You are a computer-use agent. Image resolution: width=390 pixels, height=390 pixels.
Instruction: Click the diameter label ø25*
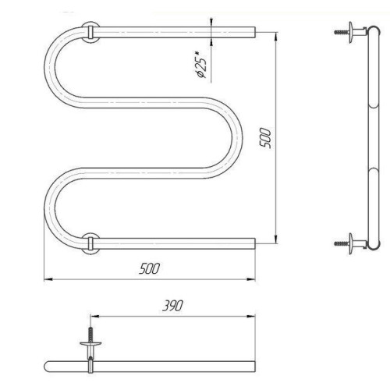(200, 65)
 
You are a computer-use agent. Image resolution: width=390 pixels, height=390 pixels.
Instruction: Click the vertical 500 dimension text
(266, 138)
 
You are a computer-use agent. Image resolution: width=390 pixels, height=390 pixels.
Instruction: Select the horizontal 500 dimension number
(149, 268)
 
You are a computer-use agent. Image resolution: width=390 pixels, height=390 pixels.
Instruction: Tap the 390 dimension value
(173, 306)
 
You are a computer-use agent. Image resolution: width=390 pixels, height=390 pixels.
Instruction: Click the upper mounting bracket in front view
(90, 32)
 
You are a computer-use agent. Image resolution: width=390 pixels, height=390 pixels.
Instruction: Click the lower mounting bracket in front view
(90, 243)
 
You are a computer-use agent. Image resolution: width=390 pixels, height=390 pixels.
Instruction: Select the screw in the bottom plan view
(90, 335)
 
